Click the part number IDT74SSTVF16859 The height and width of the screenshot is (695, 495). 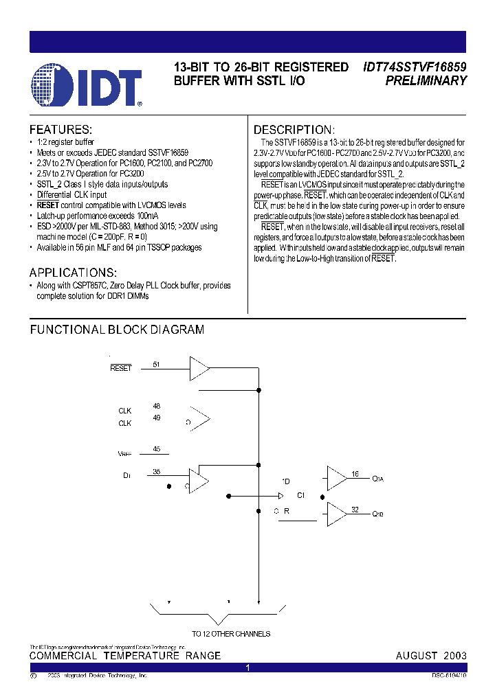(415, 67)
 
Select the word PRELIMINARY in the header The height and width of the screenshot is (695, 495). (426, 80)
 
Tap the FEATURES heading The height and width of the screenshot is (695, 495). (60, 130)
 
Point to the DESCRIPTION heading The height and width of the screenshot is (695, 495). (294, 130)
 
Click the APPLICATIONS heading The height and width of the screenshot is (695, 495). (73, 272)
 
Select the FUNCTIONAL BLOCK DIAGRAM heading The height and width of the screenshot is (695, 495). (117, 330)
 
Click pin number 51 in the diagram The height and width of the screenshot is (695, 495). (156, 365)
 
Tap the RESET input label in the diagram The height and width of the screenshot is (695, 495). (120, 369)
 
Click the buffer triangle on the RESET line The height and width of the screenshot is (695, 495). (199, 369)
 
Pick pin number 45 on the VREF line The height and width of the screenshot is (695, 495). (156, 449)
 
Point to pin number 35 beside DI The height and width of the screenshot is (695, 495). (156, 471)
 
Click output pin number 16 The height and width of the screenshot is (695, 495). (355, 474)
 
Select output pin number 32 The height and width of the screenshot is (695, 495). (355, 509)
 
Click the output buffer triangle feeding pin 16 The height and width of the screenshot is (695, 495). (336, 478)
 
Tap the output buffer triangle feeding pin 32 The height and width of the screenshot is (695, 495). (336, 513)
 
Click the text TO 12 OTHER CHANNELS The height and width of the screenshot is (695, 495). (231, 634)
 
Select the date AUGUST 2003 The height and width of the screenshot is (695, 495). (431, 656)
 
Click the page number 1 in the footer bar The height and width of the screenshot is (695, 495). (247, 668)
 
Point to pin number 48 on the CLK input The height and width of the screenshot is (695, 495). (156, 406)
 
